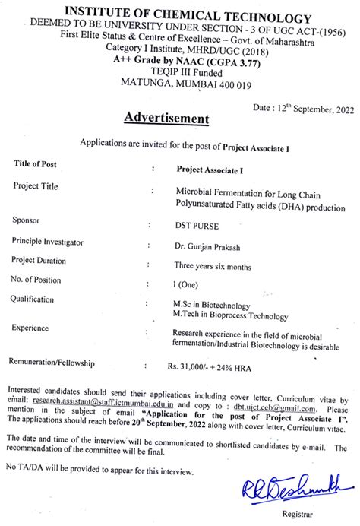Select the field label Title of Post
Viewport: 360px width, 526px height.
tap(46, 164)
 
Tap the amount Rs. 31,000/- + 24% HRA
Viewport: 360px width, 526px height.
tap(215, 366)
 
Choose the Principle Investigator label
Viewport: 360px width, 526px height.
tap(58, 241)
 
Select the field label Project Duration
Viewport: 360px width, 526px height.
tap(46, 259)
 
